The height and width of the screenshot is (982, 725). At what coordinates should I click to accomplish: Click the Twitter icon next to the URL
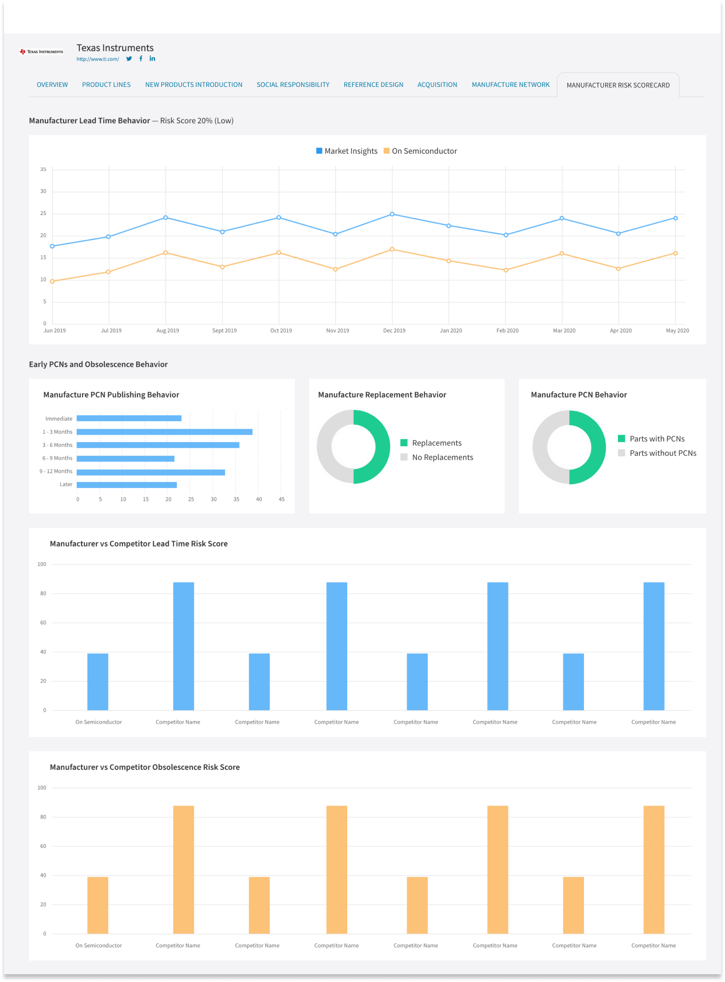coord(129,59)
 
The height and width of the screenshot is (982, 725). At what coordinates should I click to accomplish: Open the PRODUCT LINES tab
coord(106,85)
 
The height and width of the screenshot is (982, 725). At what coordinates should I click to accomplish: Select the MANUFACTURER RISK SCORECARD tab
coord(618,85)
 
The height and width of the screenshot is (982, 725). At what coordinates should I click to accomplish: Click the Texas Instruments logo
coord(42,52)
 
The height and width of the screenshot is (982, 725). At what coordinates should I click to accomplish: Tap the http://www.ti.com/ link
coord(98,59)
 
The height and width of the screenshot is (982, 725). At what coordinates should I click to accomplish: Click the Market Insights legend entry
coord(346,151)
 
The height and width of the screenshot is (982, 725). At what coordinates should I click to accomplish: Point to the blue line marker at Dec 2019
coord(392,215)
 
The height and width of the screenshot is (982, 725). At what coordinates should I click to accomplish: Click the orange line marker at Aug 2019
coord(166,253)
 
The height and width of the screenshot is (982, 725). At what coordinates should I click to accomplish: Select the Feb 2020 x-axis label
coord(507,331)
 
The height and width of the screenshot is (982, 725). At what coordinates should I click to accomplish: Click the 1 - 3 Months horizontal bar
coord(165,432)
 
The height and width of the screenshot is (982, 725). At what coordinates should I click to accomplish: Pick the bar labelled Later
coord(127,485)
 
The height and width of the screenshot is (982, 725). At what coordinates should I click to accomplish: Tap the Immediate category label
coord(59,419)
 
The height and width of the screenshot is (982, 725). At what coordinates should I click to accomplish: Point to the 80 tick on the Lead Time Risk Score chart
coord(43,594)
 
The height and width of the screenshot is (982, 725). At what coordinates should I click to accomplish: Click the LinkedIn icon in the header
coord(152,58)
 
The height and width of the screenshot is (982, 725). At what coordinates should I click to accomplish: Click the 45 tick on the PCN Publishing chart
coord(281,499)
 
